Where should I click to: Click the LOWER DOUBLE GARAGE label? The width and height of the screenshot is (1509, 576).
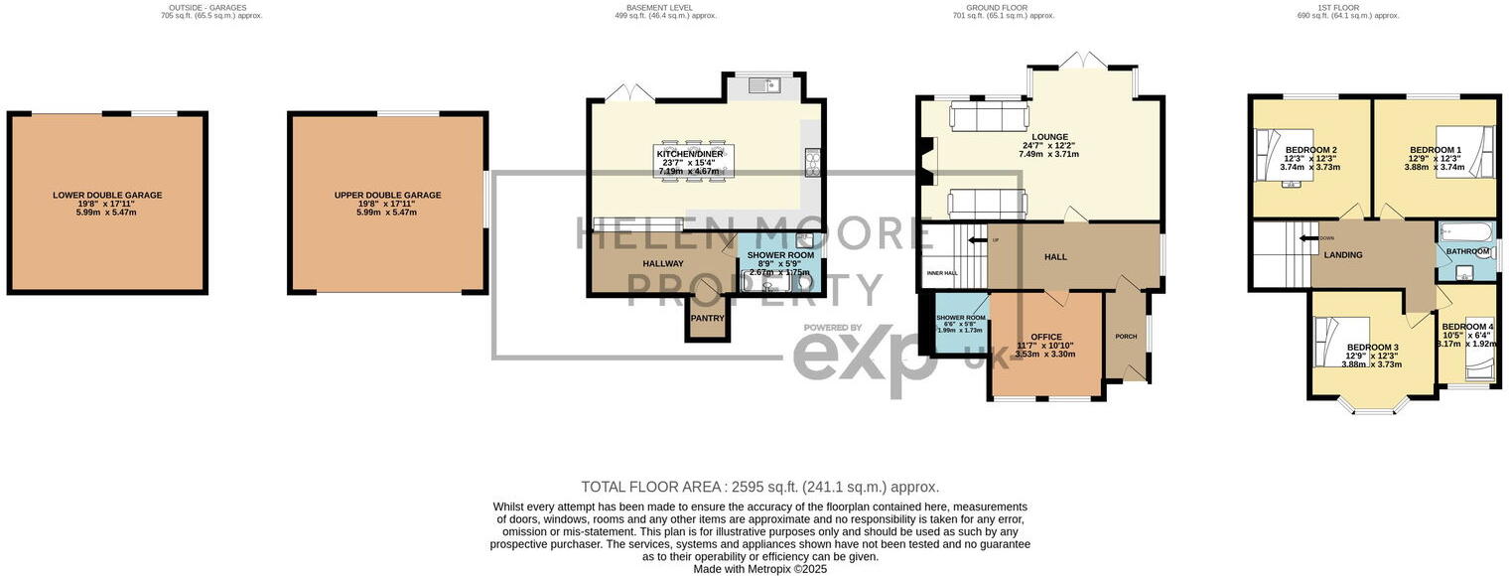pos(107,196)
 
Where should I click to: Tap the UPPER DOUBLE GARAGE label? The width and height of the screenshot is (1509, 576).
pos(387,196)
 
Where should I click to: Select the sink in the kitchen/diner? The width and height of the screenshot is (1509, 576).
pos(763,86)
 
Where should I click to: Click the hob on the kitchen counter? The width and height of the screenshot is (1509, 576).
pos(812,162)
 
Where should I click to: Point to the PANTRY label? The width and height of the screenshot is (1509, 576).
pos(707,319)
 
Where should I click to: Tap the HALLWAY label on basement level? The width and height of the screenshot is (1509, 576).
pos(662,263)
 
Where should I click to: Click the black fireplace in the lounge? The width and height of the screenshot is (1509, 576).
pos(927,161)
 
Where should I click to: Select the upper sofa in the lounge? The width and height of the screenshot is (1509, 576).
pos(987,118)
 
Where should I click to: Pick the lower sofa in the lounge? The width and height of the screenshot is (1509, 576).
pos(985,204)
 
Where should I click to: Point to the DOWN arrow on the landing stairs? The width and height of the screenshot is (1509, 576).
pos(1307,238)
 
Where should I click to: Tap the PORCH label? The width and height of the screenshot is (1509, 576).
pos(1126,336)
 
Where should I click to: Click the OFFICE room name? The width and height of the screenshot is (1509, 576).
pos(1045,337)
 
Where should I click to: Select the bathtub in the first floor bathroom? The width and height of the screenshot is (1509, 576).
pos(1465,231)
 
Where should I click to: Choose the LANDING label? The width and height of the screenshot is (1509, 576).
pos(1342,255)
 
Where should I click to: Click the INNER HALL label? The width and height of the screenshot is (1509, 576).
pos(941,272)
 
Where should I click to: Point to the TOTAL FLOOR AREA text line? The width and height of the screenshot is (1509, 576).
pos(759,487)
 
